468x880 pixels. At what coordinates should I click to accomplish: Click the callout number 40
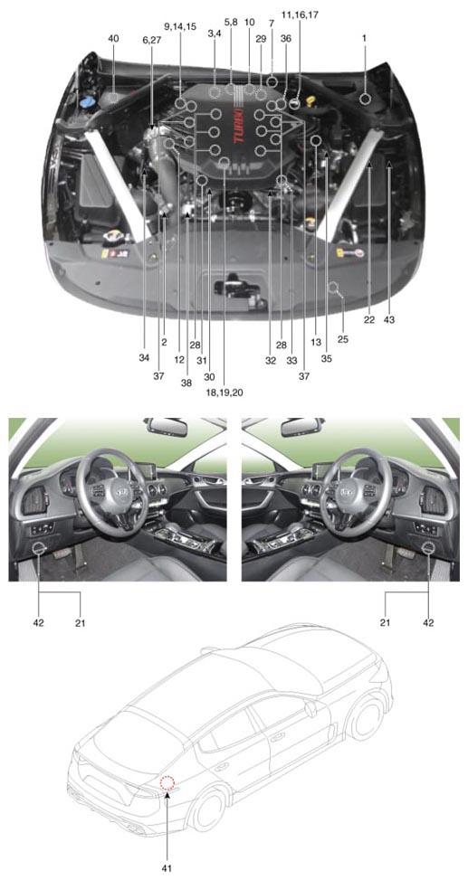(113, 38)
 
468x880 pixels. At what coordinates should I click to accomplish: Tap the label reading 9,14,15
(180, 26)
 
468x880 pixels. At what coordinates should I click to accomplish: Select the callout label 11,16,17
(300, 15)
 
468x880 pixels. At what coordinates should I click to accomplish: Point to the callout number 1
(365, 38)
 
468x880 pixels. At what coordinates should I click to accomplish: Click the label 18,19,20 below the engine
(224, 393)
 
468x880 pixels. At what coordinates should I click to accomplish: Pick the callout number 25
(343, 339)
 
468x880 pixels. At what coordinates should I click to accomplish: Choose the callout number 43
(389, 320)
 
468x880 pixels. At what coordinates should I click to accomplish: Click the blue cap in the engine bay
(86, 103)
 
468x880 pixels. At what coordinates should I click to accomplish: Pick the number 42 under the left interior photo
(40, 622)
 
